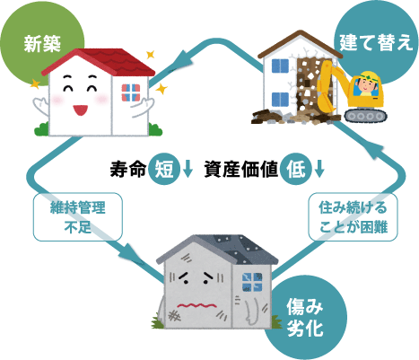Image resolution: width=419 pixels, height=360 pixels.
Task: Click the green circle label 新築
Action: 42,44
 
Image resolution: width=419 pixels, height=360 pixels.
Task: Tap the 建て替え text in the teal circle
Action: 376,42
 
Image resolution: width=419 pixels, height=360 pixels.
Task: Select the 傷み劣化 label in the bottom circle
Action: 305,317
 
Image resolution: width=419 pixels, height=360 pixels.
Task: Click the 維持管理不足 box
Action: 78,217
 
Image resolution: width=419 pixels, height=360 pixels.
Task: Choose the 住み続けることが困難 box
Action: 354,217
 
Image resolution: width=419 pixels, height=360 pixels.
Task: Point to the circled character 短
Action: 164,170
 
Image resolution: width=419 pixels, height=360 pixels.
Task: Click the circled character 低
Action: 296,170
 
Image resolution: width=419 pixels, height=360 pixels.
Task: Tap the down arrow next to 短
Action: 188,169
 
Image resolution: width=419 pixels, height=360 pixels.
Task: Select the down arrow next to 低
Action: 319,169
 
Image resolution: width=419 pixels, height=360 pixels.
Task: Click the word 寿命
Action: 128,170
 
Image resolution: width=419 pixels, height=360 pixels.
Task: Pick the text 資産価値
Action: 241,170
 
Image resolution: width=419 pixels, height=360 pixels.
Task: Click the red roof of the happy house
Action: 99,61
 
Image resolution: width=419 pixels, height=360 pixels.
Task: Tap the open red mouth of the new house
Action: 81,110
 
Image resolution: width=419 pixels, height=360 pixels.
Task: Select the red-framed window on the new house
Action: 131,92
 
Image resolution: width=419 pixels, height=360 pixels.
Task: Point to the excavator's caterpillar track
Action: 365,116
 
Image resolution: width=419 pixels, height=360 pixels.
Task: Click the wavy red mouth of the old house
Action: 196,306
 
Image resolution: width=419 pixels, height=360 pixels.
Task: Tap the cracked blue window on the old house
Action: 252,282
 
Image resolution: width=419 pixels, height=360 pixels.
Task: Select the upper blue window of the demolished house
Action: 280,66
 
